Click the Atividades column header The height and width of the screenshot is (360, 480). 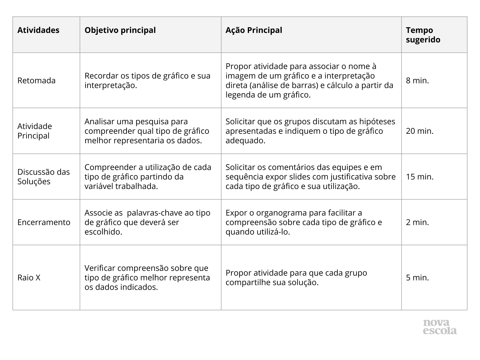[38, 30]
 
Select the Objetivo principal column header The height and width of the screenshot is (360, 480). [120, 30]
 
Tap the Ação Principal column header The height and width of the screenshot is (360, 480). [254, 30]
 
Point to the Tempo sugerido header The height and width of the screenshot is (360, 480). [423, 35]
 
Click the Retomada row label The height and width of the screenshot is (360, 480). [36, 80]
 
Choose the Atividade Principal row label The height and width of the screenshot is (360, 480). [34, 131]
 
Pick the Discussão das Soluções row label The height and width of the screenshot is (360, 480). [43, 176]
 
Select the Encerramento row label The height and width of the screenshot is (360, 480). [44, 222]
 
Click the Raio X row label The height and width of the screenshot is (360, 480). [29, 277]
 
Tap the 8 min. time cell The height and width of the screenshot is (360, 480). [417, 80]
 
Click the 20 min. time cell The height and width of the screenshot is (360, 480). [420, 131]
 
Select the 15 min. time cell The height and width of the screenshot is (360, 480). [420, 176]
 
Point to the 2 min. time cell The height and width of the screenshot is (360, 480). [417, 222]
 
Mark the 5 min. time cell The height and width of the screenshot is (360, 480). [417, 277]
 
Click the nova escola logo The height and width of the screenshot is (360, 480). [440, 327]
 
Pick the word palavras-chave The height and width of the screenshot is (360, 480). [160, 213]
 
